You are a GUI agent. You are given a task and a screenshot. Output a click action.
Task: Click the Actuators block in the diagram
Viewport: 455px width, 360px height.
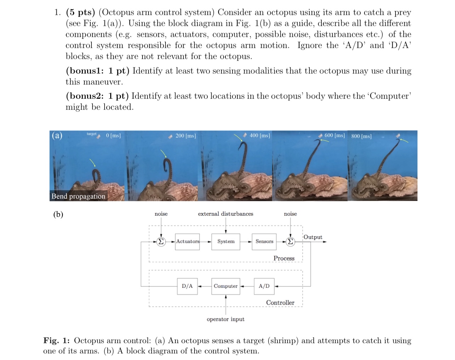pos(187,242)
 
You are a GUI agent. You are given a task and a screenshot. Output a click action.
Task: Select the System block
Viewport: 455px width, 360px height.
pos(226,242)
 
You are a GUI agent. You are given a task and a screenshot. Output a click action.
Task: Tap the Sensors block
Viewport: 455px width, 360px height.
pos(264,242)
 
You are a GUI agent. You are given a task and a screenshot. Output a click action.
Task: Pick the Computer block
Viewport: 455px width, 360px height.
pos(225,286)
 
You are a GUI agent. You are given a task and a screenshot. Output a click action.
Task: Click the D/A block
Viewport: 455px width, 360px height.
pos(187,286)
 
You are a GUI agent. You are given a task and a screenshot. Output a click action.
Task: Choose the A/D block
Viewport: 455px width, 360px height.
pos(264,286)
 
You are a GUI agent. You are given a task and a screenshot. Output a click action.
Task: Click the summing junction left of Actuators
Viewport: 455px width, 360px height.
pos(161,242)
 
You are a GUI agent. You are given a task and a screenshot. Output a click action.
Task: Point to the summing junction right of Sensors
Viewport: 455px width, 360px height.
pos(290,242)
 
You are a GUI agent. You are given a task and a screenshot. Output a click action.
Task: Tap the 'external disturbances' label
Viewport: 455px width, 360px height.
pos(225,214)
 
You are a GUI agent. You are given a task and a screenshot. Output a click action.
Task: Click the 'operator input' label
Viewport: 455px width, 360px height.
pos(225,319)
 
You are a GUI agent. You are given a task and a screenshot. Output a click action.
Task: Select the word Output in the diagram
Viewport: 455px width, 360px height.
pos(313,237)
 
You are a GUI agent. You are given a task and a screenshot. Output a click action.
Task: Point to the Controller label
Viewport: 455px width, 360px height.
pos(280,303)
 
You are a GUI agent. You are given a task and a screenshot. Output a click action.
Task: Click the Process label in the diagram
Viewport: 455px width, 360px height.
pos(284,258)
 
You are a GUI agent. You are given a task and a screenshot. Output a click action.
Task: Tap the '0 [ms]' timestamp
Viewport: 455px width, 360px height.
pos(113,136)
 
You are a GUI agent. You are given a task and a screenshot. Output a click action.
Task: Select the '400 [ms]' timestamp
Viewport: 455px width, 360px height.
pos(260,136)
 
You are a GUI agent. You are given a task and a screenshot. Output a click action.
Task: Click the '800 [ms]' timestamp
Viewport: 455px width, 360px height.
pos(361,136)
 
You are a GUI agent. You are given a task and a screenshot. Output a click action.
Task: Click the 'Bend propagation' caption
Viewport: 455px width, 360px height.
pos(78,196)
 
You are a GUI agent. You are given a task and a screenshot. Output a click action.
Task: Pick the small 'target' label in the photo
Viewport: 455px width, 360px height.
pos(91,134)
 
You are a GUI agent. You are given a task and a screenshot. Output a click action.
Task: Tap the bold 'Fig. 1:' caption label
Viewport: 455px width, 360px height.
pos(56,341)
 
